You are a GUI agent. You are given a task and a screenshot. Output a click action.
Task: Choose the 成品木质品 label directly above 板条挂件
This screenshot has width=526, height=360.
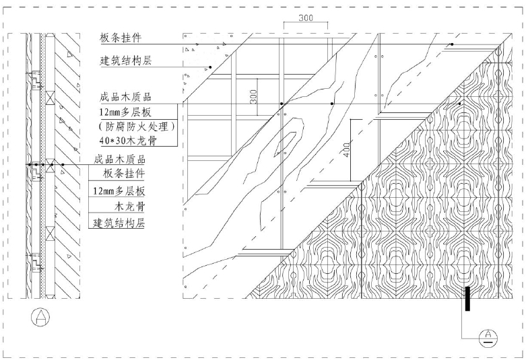119,159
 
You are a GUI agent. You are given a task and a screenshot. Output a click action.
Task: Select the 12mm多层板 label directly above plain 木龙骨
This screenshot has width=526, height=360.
117,190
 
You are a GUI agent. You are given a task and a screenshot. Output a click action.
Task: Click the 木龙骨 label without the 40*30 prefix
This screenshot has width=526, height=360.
131,207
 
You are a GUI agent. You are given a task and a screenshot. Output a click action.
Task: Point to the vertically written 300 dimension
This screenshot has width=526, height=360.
253,96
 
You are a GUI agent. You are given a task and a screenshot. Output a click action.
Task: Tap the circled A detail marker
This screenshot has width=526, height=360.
42,316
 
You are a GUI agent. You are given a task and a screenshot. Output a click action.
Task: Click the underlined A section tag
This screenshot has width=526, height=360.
486,336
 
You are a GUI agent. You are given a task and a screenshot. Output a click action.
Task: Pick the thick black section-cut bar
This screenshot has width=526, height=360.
465,298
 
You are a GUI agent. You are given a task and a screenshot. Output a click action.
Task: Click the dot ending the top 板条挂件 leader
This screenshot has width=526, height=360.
451,44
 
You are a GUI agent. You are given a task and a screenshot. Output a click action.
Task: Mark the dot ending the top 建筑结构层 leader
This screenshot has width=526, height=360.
211,68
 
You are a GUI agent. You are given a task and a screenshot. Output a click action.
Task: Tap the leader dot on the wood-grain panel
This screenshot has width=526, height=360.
460,104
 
